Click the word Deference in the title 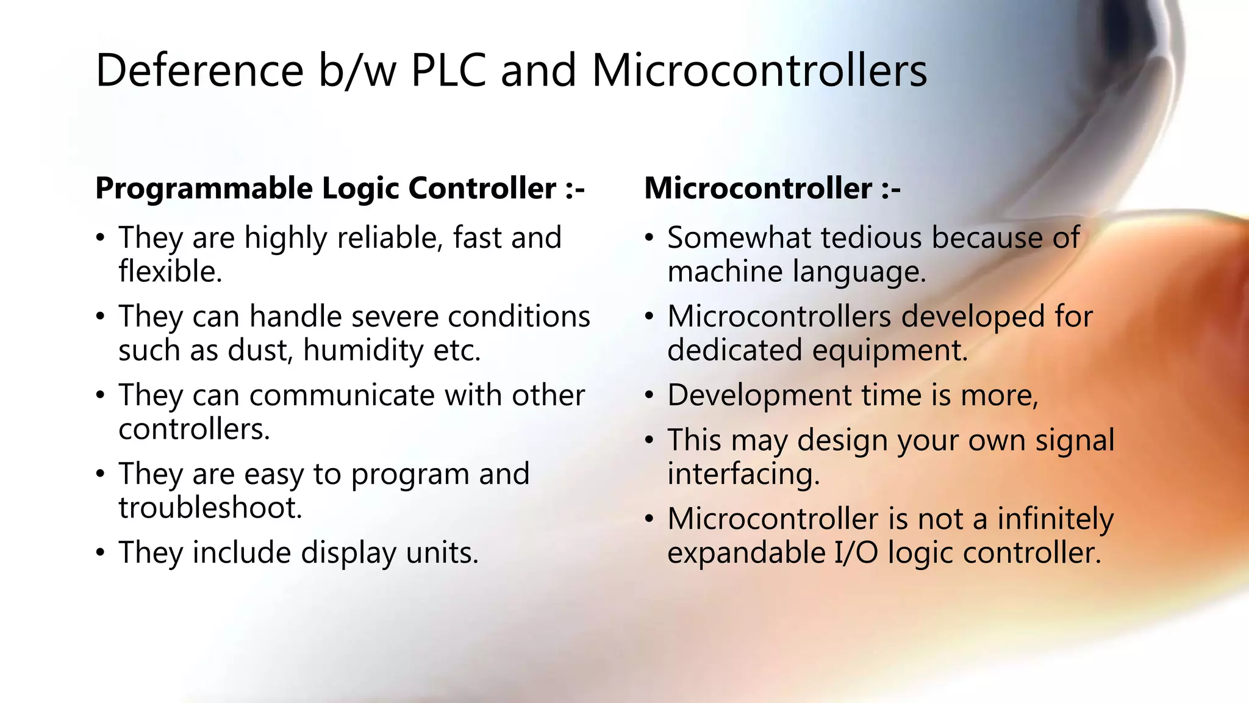199,71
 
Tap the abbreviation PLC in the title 448,71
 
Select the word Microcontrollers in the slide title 759,71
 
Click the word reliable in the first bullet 390,237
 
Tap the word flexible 170,272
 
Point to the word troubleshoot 210,508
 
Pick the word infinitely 1055,519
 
